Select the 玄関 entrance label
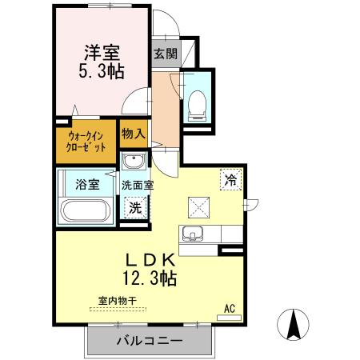click(x=166, y=54)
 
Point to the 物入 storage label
click(x=133, y=134)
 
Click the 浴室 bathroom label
click(x=87, y=184)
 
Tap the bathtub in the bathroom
click(x=86, y=213)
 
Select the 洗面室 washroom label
click(x=138, y=185)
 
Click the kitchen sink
click(x=192, y=234)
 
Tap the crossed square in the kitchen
click(x=198, y=206)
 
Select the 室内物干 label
click(x=117, y=301)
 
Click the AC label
click(x=230, y=308)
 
